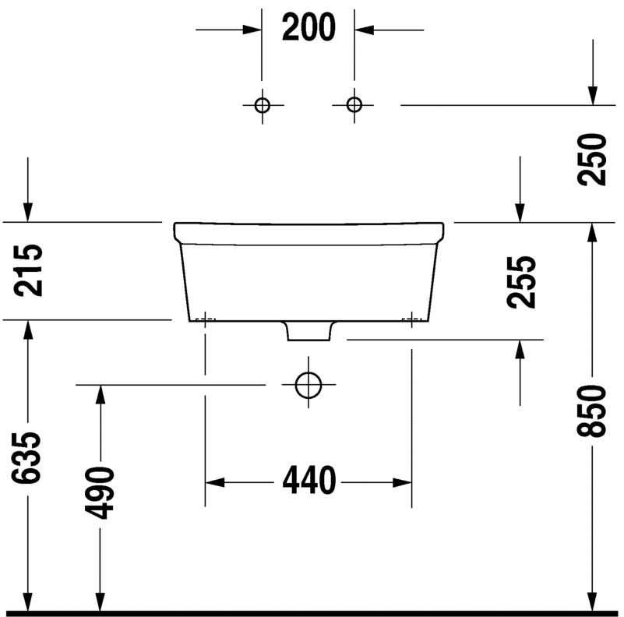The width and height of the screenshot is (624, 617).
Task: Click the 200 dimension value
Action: tap(308, 27)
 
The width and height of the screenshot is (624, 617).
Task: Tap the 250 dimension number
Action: tap(592, 159)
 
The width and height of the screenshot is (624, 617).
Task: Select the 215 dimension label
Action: tap(28, 270)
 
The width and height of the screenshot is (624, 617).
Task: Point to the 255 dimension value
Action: tap(521, 282)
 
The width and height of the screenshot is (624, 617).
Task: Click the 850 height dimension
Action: tap(592, 411)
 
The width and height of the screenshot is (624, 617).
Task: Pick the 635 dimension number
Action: tap(26, 458)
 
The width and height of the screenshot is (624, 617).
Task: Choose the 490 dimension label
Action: tap(100, 493)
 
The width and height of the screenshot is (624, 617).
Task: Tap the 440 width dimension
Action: tap(309, 481)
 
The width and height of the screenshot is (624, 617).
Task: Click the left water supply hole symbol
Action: tap(263, 105)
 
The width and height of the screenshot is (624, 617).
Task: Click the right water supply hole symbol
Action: tap(354, 105)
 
